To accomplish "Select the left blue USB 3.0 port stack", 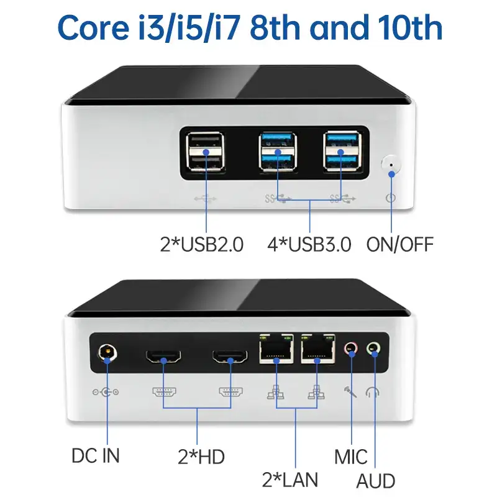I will point(276,152).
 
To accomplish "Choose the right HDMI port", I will point(230,357).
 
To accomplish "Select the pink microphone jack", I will point(352,350).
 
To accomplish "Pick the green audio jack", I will point(374,349).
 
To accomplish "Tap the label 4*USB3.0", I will point(310,244).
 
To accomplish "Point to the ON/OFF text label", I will point(399,244).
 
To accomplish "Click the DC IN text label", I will point(95,455).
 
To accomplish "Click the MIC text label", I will point(351,458).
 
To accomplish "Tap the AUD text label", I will point(376,481).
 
